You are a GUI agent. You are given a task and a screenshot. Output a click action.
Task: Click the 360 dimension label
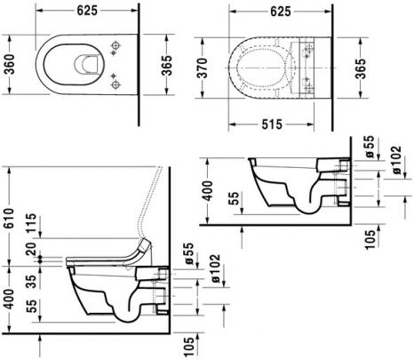[x=9, y=65]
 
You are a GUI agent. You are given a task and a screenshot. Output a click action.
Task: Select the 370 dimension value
[x=203, y=68]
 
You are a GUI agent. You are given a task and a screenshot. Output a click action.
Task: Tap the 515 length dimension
[x=272, y=124]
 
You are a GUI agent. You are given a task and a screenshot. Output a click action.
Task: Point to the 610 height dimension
[x=9, y=218]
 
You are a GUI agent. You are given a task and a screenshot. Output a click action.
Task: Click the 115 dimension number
[x=31, y=223]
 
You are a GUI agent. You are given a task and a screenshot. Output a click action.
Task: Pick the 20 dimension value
[x=31, y=249]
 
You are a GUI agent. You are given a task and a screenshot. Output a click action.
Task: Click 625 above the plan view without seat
[x=87, y=11]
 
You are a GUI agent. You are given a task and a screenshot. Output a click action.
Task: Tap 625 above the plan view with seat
[x=281, y=12]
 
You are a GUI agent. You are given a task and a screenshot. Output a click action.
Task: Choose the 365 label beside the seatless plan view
[x=168, y=65]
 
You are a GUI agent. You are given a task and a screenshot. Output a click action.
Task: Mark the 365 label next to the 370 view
[x=361, y=68]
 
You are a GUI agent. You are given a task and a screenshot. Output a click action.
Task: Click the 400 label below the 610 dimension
[x=9, y=299]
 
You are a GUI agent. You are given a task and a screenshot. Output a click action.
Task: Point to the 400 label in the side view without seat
[x=208, y=190]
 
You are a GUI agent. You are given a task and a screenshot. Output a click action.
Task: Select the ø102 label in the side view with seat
[x=216, y=268]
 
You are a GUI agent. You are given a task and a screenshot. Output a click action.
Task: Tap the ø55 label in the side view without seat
[x=370, y=147]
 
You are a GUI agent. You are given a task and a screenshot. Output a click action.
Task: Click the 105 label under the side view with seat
[x=189, y=346]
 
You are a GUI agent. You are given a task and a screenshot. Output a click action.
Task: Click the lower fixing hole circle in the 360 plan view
[x=115, y=84]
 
